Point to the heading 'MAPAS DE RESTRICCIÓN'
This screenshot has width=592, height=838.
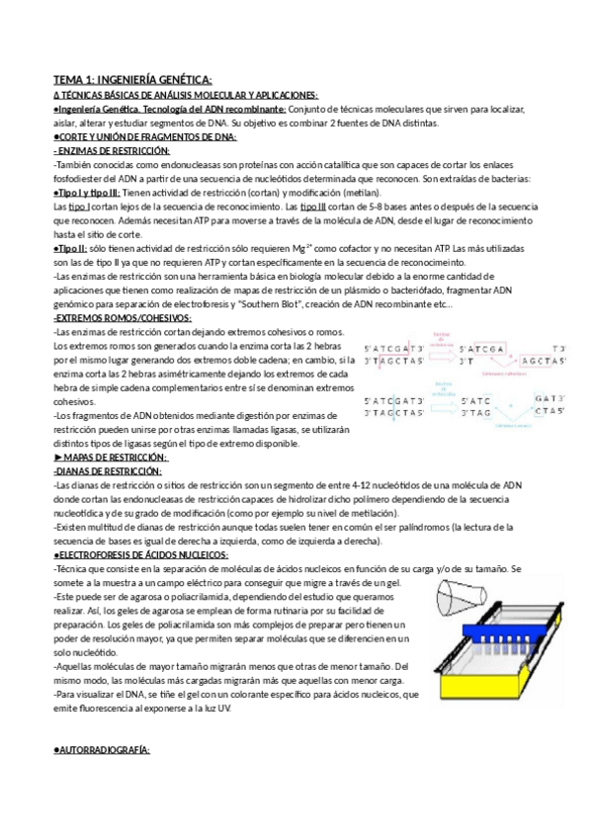115,457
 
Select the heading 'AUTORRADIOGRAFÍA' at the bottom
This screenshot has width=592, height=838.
103,750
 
